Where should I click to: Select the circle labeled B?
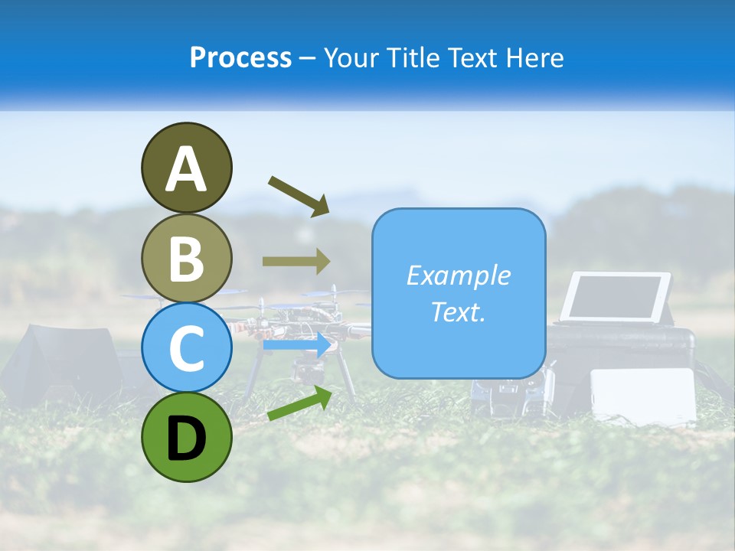(186, 258)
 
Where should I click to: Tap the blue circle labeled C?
(186, 348)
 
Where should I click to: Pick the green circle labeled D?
(186, 437)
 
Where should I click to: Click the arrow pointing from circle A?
(299, 194)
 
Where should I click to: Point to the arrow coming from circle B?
(296, 261)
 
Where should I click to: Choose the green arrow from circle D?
(299, 403)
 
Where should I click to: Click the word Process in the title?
(240, 57)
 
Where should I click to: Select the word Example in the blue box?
(458, 275)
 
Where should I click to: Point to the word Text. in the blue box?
(458, 311)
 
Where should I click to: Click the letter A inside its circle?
(186, 169)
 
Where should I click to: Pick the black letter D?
(186, 439)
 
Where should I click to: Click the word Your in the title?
(350, 57)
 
